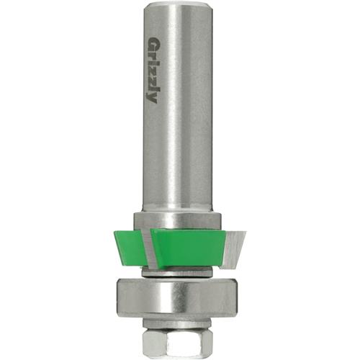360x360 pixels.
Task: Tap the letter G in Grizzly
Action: point(153,44)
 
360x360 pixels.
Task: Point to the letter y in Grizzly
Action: point(153,96)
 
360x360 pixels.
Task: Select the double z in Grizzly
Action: point(153,75)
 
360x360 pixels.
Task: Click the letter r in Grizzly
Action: point(153,55)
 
